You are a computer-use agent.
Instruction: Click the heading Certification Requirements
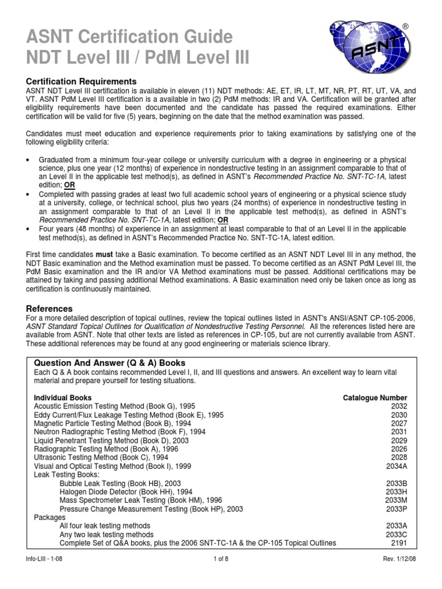82,81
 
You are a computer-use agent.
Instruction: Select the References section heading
49,308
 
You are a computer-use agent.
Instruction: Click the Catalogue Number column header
375,397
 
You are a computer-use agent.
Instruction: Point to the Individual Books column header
63,397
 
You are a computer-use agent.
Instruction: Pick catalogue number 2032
398,406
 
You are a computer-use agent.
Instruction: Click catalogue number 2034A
396,466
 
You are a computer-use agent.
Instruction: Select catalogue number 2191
398,543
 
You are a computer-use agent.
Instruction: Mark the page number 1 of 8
221,576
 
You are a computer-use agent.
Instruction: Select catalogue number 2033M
396,500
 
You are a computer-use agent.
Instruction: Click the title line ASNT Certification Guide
129,37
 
